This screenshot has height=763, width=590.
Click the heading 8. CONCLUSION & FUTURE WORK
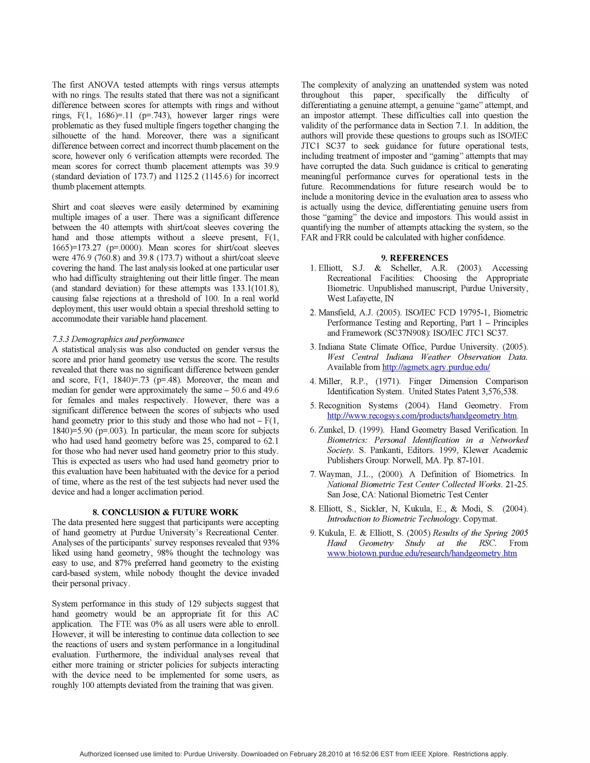pyautogui.click(x=165, y=512)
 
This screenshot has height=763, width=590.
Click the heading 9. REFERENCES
pyautogui.click(x=415, y=258)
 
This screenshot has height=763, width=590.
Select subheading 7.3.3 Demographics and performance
pyautogui.click(x=118, y=339)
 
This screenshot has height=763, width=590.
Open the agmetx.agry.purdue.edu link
pyautogui.click(x=436, y=367)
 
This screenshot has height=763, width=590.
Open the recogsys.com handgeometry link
pyautogui.click(x=422, y=416)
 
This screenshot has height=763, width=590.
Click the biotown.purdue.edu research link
pyautogui.click(x=422, y=553)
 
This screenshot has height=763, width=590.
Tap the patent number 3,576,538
pyautogui.click(x=500, y=391)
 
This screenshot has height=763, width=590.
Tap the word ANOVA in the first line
pyautogui.click(x=104, y=85)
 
